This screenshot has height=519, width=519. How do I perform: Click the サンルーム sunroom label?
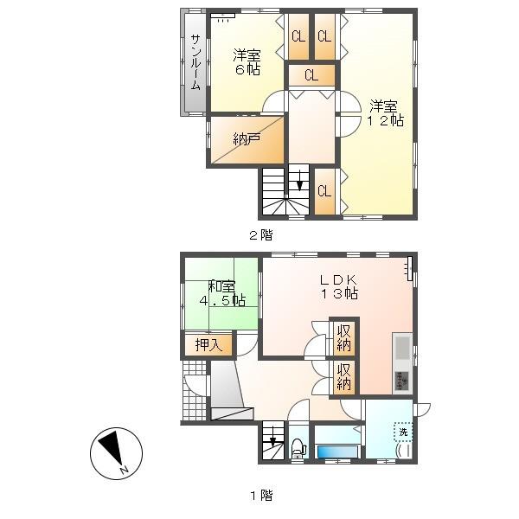[x=195, y=62]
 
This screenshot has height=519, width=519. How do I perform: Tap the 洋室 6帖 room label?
[x=247, y=62]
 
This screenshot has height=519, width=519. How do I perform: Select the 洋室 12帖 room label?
[x=385, y=112]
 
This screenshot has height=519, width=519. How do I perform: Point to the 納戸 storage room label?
[x=247, y=139]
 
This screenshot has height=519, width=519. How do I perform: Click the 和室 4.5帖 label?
[x=222, y=293]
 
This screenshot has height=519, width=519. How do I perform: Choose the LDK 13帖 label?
[x=339, y=286]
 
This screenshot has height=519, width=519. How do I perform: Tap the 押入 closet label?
[x=208, y=345]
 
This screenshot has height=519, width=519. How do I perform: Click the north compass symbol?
[x=116, y=453]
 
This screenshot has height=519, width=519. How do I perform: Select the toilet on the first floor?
[x=298, y=448]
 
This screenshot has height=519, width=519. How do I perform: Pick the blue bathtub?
[x=337, y=452]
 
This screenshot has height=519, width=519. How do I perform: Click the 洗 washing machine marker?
[x=403, y=432]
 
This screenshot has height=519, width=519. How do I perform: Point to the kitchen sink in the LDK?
[x=403, y=348]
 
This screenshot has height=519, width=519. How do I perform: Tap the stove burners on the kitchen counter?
[x=402, y=381]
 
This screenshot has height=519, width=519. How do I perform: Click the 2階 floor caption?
[x=261, y=235]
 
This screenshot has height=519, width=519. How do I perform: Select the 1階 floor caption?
[x=261, y=496]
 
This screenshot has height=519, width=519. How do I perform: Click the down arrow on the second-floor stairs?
[x=299, y=181]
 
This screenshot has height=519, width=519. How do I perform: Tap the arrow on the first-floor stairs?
[x=272, y=437]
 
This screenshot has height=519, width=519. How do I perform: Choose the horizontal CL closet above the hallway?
[x=311, y=75]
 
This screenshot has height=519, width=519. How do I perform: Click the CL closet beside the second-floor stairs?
[x=324, y=191]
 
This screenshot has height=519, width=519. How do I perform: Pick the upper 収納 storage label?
[x=344, y=337]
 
